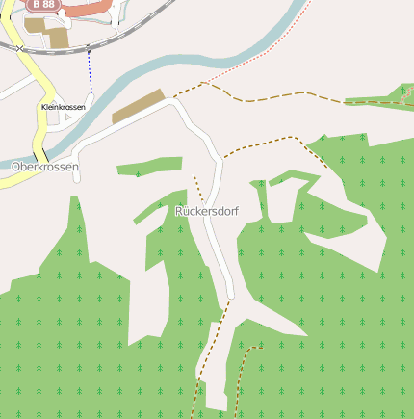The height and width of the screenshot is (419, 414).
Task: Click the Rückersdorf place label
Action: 207,210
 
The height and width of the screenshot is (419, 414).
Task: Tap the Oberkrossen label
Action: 44,167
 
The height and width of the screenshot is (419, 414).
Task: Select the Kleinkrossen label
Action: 64,107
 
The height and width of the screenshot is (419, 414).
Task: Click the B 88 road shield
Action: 41,5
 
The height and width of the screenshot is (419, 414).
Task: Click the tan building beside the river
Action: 139,107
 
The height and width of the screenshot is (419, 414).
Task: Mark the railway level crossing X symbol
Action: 18,48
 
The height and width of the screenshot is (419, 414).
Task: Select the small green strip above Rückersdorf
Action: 149,169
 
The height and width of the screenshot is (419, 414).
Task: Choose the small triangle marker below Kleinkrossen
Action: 68,117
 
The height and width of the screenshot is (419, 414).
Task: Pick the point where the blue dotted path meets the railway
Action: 90,48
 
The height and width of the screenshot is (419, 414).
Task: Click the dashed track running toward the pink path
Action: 289,98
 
